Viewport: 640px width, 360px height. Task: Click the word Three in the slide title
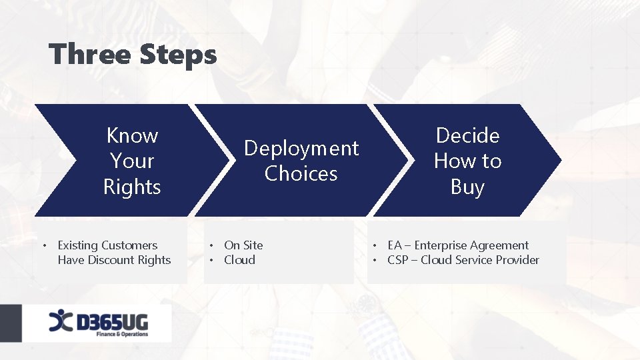[x=90, y=55]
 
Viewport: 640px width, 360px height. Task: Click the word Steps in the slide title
[x=178, y=55]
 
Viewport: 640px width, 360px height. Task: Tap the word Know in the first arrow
[x=132, y=135]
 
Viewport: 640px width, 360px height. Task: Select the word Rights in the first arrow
[x=132, y=187]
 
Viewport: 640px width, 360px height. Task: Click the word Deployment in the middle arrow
[x=301, y=148]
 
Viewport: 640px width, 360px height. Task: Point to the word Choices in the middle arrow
[x=301, y=173]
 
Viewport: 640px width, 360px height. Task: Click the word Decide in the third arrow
[x=467, y=135]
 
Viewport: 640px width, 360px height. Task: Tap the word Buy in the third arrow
[x=467, y=187]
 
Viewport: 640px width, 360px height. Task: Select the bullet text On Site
[x=243, y=245]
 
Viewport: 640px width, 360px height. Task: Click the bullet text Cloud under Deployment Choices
[x=239, y=260]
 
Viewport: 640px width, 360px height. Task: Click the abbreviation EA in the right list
[x=395, y=245]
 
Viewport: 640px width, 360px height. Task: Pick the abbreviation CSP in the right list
[x=398, y=260]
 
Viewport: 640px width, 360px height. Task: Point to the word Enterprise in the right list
[x=441, y=245]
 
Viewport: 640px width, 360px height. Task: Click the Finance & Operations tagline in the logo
[x=122, y=333]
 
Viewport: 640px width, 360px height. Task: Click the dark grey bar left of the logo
[x=11, y=324]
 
